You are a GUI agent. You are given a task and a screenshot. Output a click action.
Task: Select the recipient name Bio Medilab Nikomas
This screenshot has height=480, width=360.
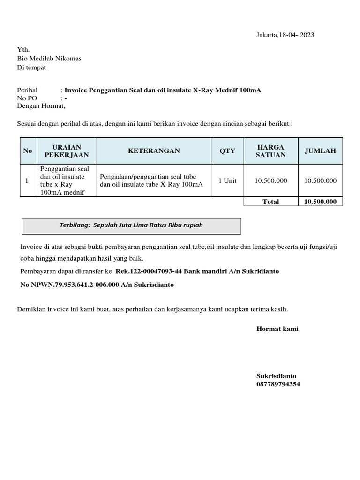pyautogui.click(x=49, y=59)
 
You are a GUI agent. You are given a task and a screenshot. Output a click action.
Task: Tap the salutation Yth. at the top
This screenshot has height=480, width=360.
pyautogui.click(x=23, y=50)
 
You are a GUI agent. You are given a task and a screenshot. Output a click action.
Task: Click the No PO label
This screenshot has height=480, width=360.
pyautogui.click(x=26, y=98)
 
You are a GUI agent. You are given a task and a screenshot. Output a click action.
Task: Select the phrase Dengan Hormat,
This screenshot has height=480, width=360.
pyautogui.click(x=41, y=106)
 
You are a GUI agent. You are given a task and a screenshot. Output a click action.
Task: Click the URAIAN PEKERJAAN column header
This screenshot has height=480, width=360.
pyautogui.click(x=67, y=151)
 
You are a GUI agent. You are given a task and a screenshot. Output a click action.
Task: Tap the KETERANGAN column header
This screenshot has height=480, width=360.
pyautogui.click(x=154, y=151)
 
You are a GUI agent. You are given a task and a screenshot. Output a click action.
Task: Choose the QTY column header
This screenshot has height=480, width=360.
pyautogui.click(x=227, y=151)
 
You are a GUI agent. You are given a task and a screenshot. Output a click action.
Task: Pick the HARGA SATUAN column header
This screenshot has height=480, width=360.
pyautogui.click(x=270, y=151)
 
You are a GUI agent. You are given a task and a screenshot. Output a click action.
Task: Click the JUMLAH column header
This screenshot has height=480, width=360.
pyautogui.click(x=320, y=151)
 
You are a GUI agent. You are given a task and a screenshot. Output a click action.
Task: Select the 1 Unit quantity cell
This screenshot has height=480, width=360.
pyautogui.click(x=227, y=180)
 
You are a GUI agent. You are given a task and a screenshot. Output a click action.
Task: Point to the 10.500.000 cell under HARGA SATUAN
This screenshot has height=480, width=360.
pyautogui.click(x=270, y=180)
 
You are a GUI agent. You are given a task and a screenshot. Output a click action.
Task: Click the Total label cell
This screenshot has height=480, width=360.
pyautogui.click(x=270, y=202)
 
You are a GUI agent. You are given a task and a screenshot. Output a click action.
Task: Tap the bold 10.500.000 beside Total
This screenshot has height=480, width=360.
pyautogui.click(x=320, y=202)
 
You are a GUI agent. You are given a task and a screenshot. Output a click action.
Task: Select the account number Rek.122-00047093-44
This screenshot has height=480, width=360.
pyautogui.click(x=149, y=271)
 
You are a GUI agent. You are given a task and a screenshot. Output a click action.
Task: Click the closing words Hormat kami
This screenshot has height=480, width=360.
pyautogui.click(x=277, y=329)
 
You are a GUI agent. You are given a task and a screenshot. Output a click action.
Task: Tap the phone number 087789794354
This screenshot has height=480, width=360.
pyautogui.click(x=278, y=384)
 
